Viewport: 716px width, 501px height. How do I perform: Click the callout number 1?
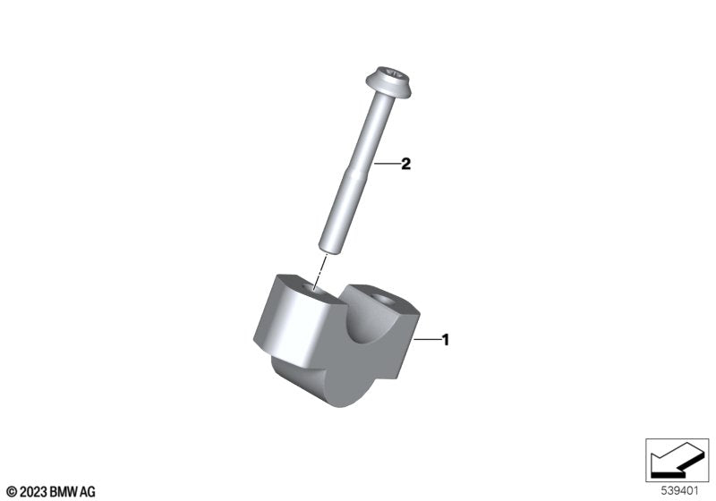[x=445, y=340]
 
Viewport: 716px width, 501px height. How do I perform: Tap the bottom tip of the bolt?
[x=329, y=248]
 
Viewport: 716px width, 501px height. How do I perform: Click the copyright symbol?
[x=11, y=491]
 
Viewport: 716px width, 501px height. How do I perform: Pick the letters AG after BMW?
[x=87, y=491]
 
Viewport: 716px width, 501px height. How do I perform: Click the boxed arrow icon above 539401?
[x=678, y=458]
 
